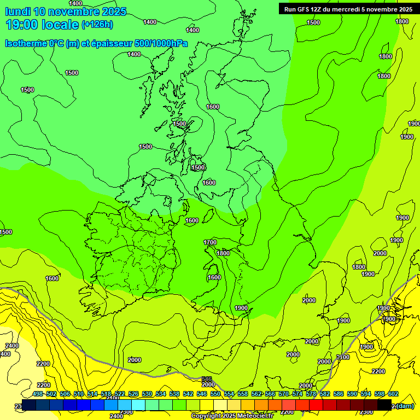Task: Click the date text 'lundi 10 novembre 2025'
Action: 66,11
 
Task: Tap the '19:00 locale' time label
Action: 42,24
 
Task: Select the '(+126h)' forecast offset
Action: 97,24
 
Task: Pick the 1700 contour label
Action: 210,242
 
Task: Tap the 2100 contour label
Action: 343,357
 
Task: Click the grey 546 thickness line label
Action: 206,378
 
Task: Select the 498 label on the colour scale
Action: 38,394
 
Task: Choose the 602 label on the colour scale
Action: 393,394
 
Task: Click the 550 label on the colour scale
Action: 215,394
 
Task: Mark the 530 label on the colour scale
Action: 147,394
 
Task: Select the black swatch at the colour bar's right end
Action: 384,405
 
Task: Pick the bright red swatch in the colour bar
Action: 316,405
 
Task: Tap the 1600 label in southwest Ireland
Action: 52,278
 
